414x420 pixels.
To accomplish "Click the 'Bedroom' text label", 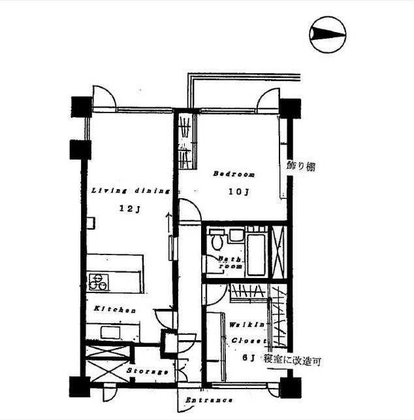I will (x=234, y=175).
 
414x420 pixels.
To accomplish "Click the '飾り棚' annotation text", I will (x=301, y=166).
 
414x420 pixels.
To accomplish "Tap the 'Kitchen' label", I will (x=114, y=309).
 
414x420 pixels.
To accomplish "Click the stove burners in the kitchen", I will (x=97, y=282).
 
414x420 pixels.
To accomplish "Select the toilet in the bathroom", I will (x=216, y=241).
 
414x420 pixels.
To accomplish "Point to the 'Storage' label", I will (x=148, y=372).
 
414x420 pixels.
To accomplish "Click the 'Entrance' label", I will (x=209, y=400).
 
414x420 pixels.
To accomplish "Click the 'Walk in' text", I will (x=247, y=324).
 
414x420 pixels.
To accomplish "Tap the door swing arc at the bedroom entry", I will (x=189, y=212).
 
